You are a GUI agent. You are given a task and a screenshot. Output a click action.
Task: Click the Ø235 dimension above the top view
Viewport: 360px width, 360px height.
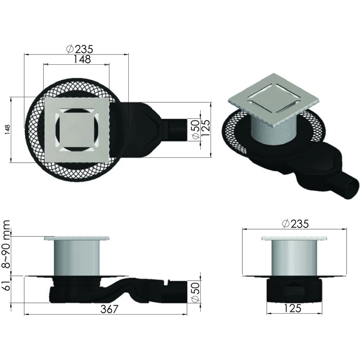tap(80, 49)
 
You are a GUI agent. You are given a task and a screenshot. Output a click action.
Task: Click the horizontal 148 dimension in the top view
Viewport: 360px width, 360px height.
tap(82, 59)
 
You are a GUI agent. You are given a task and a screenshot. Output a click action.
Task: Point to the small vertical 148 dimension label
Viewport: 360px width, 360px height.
tap(8, 130)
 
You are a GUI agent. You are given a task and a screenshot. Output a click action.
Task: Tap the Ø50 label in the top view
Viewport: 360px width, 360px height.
tap(195, 129)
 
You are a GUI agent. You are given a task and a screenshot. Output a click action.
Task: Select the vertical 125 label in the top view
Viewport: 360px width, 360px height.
tap(206, 128)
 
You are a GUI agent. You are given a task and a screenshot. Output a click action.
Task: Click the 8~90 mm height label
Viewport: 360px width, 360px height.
tap(6, 244)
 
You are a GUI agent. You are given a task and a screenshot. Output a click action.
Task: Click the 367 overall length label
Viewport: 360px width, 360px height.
tap(109, 309)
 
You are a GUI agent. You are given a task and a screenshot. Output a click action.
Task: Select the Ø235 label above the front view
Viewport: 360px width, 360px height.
tap(295, 224)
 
